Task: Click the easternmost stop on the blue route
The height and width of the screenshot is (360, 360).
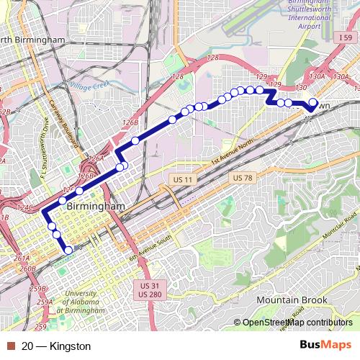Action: (x=312, y=102)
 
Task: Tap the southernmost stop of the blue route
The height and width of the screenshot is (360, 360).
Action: (x=69, y=250)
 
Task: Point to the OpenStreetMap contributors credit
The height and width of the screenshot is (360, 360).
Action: (x=297, y=323)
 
